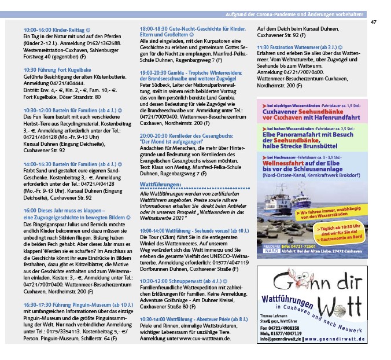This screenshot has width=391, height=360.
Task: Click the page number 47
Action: [x=373, y=22]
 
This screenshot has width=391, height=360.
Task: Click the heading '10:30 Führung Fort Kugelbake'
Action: [x=53, y=68]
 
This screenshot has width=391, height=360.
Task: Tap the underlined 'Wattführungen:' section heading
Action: [x=161, y=183]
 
